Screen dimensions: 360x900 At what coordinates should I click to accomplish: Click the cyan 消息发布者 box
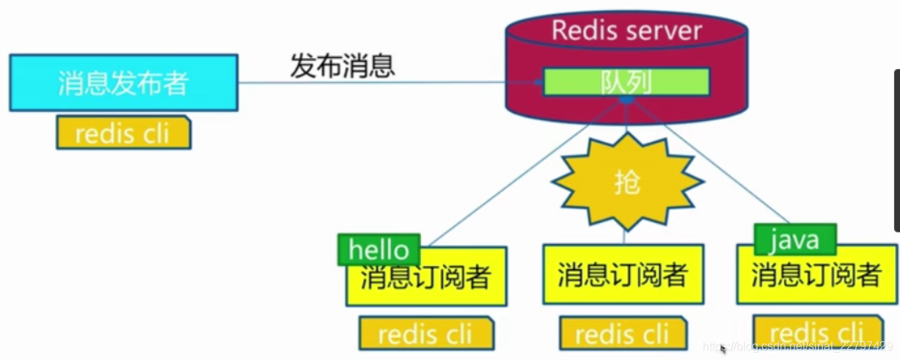coord(123,83)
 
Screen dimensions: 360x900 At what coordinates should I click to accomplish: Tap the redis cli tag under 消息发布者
coord(123,133)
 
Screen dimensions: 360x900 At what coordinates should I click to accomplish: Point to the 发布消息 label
coord(343,66)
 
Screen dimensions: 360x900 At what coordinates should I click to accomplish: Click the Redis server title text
coord(626,31)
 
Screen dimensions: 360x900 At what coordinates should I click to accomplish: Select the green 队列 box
coord(626,82)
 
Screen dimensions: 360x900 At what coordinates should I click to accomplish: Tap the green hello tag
coord(378,250)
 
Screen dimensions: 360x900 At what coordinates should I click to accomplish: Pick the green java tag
coord(794,240)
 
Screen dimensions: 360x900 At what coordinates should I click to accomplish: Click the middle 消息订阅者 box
coord(623,275)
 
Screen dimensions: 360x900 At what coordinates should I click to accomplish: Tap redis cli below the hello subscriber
coord(425,334)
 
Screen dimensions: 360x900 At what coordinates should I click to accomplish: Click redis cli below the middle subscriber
coord(623,334)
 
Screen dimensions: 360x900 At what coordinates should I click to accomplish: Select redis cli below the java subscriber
coord(816,331)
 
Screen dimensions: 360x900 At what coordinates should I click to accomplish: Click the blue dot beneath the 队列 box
coord(626,100)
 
